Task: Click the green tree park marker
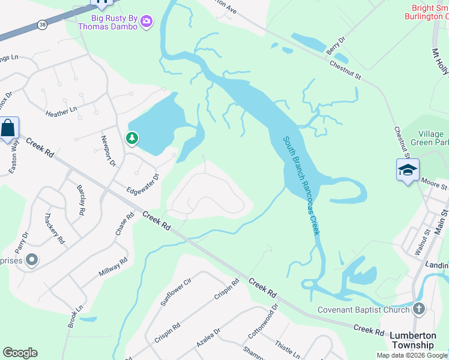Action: coord(132,139)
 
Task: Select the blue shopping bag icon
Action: coord(9,129)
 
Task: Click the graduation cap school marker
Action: coord(407,169)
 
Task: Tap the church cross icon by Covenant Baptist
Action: coord(419,309)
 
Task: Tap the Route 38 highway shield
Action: coord(41,25)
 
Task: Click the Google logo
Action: coord(20,353)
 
